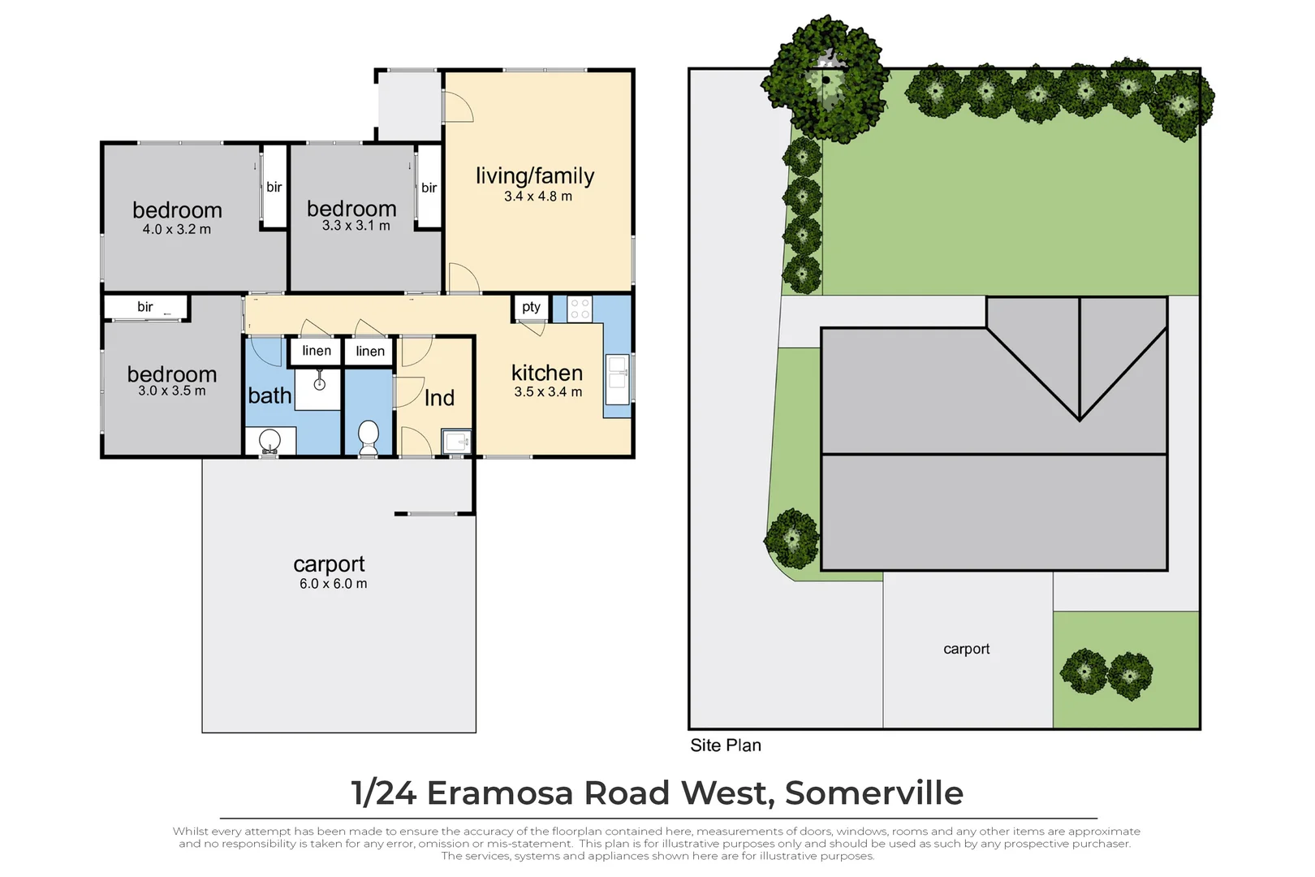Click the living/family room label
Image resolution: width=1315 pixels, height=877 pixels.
(535, 176)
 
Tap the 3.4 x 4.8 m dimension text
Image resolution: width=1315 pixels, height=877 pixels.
(537, 197)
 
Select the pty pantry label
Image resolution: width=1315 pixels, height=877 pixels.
(531, 307)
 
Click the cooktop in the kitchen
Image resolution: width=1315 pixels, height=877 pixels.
(580, 309)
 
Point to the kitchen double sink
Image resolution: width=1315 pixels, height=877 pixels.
(617, 379)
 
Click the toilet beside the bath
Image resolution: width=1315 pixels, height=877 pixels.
(369, 436)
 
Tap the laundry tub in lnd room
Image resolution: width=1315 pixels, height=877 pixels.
(456, 443)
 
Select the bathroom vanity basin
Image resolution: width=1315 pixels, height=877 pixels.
(269, 441)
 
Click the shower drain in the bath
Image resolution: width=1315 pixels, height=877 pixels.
(320, 384)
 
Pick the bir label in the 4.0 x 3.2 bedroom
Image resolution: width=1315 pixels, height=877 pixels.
(274, 188)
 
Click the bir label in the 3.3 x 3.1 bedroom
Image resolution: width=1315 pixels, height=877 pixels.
(429, 188)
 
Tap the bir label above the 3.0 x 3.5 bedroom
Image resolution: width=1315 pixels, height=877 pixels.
(145, 307)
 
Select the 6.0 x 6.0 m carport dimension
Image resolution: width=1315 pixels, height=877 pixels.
(333, 584)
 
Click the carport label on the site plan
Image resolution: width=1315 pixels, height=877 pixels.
(966, 649)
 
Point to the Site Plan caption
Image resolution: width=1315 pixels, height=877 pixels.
(726, 745)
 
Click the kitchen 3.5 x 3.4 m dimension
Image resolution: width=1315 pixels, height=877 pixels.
(548, 392)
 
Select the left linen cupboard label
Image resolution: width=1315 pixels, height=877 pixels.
(317, 351)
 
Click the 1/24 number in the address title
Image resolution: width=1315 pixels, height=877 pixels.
(383, 793)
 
